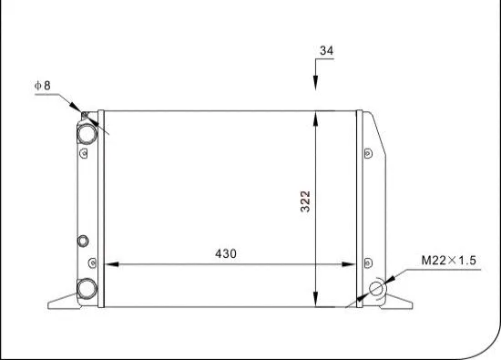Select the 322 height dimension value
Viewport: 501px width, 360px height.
tap(306, 201)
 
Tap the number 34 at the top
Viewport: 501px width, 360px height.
tap(326, 50)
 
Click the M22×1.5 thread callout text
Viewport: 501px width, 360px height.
tap(449, 261)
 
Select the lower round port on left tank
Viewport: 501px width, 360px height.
tap(87, 288)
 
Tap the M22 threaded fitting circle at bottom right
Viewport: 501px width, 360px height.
tap(377, 290)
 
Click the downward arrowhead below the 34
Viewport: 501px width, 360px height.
tap(316, 84)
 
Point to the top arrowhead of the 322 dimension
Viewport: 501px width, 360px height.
tap(316, 117)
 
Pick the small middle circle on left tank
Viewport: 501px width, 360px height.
tap(84, 242)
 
